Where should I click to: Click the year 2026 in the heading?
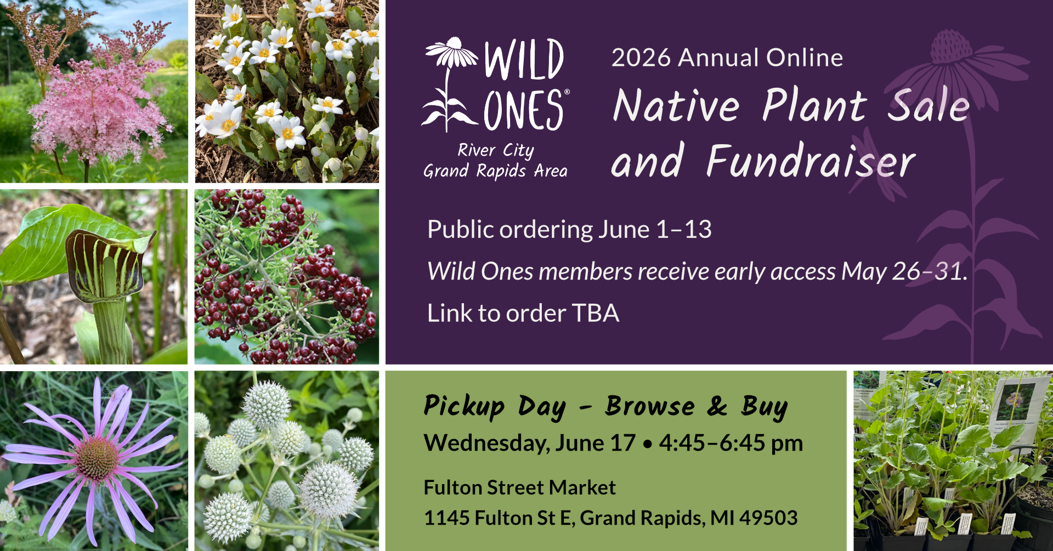click(641, 58)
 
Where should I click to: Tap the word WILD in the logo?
click(524, 59)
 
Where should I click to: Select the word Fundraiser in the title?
click(811, 161)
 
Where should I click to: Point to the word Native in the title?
click(677, 105)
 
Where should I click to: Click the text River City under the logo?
click(496, 150)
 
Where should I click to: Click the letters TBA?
click(596, 314)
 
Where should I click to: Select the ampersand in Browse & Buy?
click(717, 406)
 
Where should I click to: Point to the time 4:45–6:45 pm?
click(731, 443)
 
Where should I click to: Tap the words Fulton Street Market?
click(520, 487)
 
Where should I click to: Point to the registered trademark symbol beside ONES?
click(567, 92)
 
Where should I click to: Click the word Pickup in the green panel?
click(464, 407)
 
